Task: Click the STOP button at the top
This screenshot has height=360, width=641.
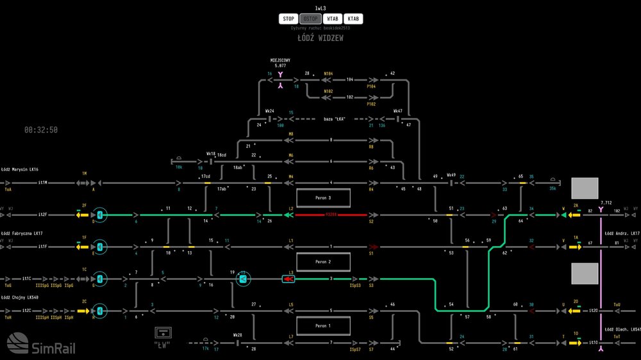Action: click(288, 19)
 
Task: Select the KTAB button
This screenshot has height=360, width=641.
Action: click(353, 19)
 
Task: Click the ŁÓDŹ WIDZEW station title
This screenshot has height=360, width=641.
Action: click(320, 38)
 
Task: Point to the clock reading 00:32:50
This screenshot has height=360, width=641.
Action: click(41, 129)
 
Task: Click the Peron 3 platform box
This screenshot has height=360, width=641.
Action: click(323, 198)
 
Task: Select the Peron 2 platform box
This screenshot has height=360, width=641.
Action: click(323, 262)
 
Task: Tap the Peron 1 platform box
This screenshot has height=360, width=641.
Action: click(323, 326)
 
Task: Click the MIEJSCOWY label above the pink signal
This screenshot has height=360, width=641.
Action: click(280, 60)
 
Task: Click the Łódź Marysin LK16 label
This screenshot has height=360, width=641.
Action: click(20, 170)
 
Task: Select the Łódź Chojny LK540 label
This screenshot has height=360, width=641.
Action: click(20, 297)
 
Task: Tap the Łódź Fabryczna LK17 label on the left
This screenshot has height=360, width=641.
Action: click(21, 234)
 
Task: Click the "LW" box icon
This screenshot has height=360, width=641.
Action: click(164, 332)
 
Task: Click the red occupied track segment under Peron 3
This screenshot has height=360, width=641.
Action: click(331, 215)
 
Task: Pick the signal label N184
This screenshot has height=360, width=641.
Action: click(328, 74)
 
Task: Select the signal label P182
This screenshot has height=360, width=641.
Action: click(371, 104)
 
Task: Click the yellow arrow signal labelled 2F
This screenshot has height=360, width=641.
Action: click(82, 215)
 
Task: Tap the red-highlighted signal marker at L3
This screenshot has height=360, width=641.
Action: click(288, 279)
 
